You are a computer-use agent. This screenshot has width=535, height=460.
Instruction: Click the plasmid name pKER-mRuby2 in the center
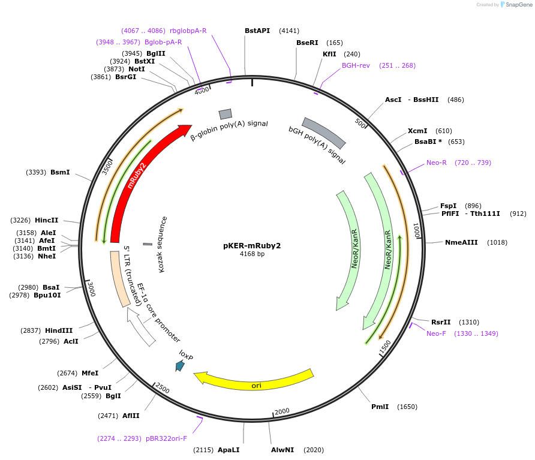pos(252,245)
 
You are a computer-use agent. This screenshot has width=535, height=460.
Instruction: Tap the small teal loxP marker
pos(180,365)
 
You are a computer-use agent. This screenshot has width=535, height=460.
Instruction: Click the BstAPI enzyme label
pos(257,31)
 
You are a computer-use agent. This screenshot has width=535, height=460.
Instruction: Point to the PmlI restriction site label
pos(380,407)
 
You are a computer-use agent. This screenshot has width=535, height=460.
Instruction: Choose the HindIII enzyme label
pos(59,330)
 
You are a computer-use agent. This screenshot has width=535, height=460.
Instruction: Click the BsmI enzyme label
pos(60,172)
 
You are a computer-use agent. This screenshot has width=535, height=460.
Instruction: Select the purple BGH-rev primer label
pos(356,65)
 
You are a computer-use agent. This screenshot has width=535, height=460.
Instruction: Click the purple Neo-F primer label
pos(436,333)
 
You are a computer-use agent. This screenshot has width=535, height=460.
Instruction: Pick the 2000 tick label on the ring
pos(282,411)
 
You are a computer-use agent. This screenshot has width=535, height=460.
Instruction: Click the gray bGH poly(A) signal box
pos(324,133)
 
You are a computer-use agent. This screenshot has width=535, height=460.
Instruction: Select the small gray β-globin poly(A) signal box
pos(226,114)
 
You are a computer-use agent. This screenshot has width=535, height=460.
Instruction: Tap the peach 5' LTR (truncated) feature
pos(119,279)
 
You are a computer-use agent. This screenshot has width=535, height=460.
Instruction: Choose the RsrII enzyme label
pos(441,322)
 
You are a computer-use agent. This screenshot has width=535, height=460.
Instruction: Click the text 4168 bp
pos(252,254)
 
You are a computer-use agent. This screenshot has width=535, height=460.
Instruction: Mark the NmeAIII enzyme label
pos(461,242)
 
